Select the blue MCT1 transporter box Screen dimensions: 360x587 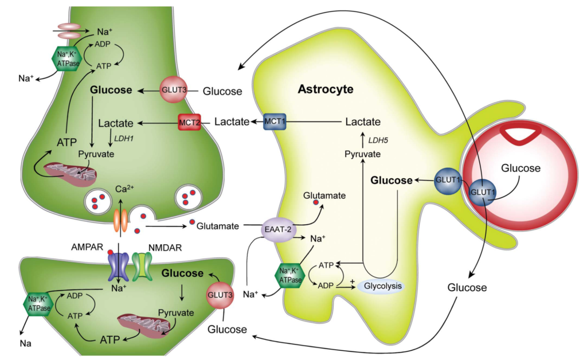point(276,122)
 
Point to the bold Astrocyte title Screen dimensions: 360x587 point(326,89)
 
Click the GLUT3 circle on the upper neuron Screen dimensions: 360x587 point(173,91)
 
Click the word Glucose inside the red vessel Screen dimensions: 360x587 point(521,168)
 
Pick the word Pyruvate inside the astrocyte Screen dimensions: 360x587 point(362,154)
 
